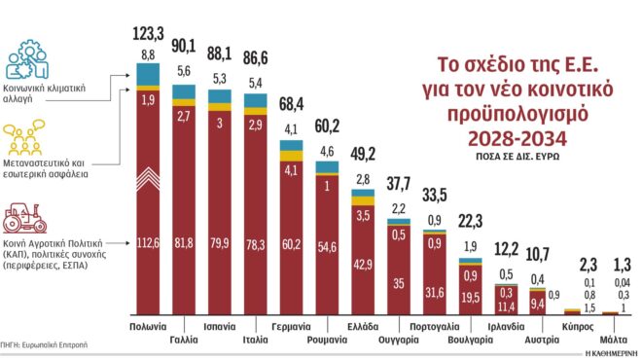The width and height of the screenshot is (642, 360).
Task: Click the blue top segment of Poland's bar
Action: coord(148,75)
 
